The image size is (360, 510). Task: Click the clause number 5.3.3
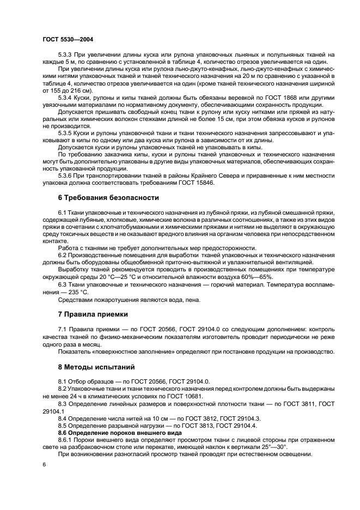point(66,55)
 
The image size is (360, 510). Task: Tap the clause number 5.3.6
point(66,176)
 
